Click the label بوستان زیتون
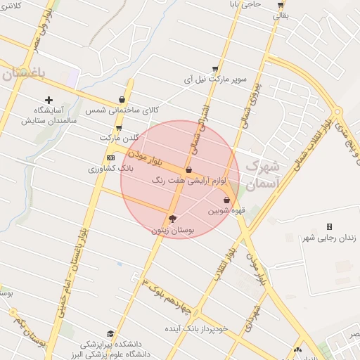point(172,230)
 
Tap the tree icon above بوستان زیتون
point(173,219)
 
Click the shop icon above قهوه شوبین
point(226,200)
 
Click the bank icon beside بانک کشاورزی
point(110,157)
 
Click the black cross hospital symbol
point(49,100)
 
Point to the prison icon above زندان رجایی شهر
point(329,226)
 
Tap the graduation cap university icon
point(110,333)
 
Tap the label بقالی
point(281,14)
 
